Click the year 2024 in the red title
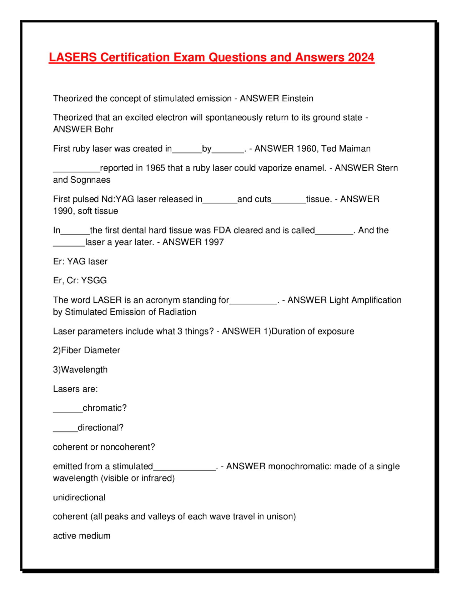click(x=361, y=57)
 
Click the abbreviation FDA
click(x=222, y=230)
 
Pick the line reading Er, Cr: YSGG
click(x=80, y=281)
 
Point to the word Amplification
click(x=376, y=300)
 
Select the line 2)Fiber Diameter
click(x=86, y=350)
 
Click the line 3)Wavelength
click(x=80, y=370)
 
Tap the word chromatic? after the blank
click(x=105, y=408)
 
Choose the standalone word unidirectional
click(x=79, y=497)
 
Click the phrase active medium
click(x=82, y=536)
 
